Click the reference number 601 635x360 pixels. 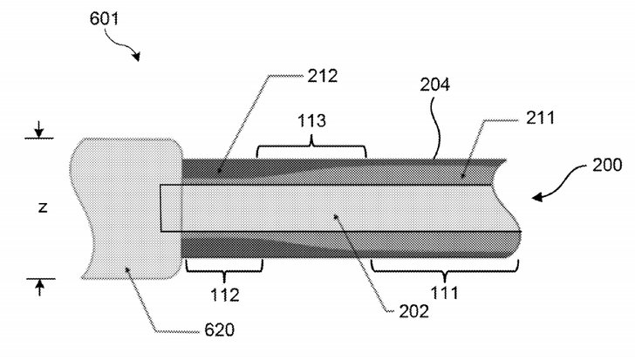[104, 18]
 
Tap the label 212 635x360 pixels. [323, 76]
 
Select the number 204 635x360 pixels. [434, 85]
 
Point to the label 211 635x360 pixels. [540, 118]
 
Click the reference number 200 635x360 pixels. [607, 165]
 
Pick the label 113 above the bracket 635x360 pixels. [311, 120]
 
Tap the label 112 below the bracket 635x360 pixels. [225, 295]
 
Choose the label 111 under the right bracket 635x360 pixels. [444, 293]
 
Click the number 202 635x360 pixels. [413, 311]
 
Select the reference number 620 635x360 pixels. [220, 330]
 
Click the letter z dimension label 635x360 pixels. [43, 208]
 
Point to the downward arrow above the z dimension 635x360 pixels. [39, 129]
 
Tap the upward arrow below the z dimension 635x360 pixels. [39, 288]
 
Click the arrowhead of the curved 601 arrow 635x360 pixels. [136, 57]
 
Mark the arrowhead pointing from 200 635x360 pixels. [538, 197]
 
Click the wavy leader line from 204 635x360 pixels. [436, 126]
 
